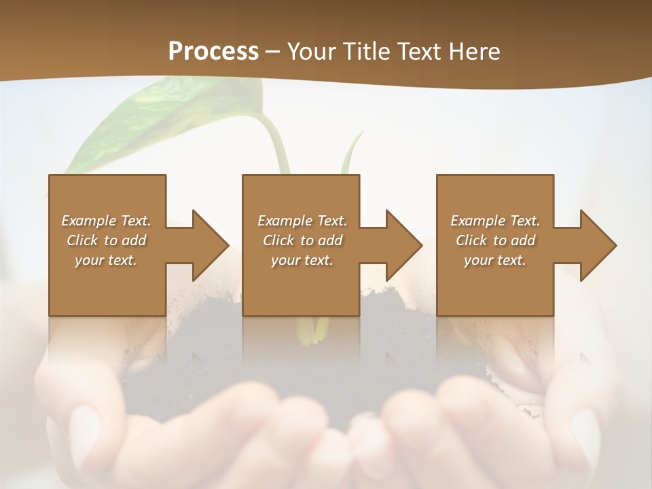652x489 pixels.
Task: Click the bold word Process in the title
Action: tap(213, 52)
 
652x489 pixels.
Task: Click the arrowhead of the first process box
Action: tap(211, 245)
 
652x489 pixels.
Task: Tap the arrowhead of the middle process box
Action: tap(405, 245)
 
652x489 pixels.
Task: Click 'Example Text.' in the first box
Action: tap(106, 221)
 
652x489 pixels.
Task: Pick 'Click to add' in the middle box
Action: tap(302, 240)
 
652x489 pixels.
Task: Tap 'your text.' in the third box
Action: tap(494, 260)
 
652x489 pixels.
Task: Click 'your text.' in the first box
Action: tap(106, 260)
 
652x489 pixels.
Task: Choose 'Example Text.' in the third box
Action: tap(495, 221)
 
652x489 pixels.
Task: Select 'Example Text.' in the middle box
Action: tap(302, 221)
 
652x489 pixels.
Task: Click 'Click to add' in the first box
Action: tap(106, 240)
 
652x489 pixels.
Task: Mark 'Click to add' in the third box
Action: tap(495, 240)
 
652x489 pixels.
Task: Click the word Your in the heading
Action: tap(310, 52)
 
